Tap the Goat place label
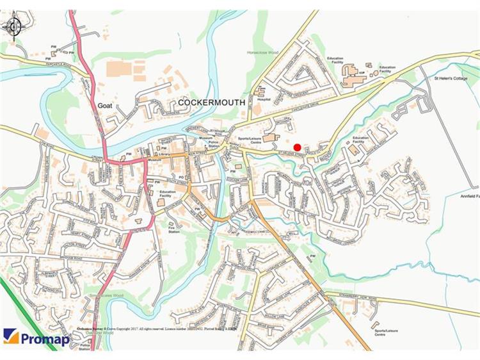pos(106,106)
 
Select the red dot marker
pos(297,148)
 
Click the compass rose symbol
pos(13,27)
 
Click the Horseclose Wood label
pos(263,53)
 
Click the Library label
pos(164,154)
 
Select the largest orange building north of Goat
pos(118,68)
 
